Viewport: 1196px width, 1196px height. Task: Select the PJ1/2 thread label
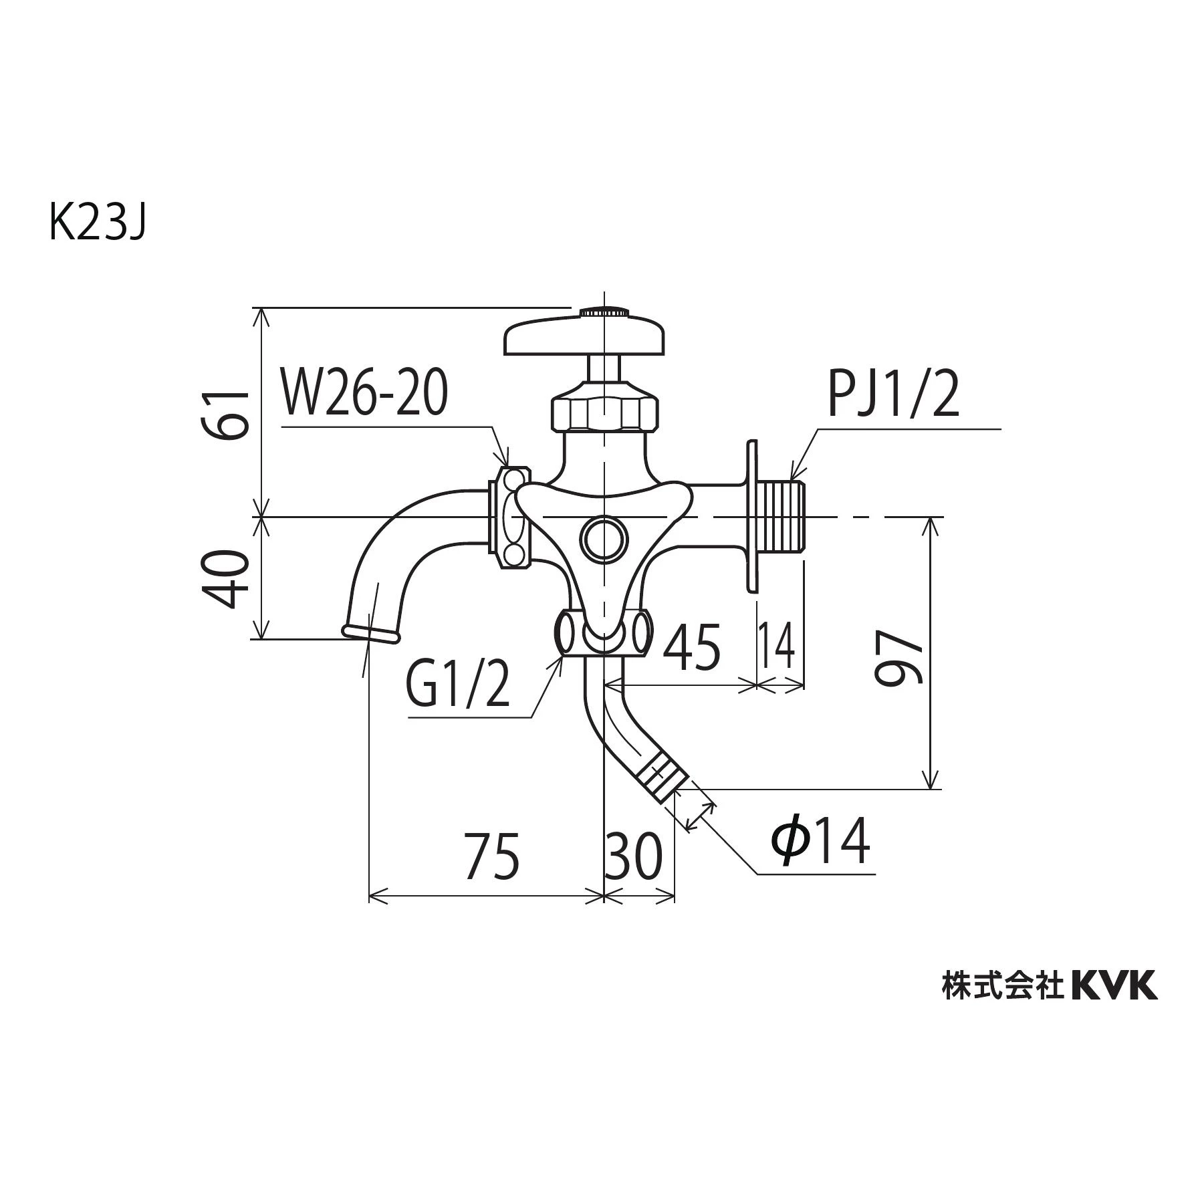tap(894, 395)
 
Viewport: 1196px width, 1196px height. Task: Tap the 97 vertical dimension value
tap(899, 659)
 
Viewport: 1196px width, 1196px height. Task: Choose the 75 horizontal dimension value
tap(493, 856)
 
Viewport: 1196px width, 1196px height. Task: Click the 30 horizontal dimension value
tap(633, 856)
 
